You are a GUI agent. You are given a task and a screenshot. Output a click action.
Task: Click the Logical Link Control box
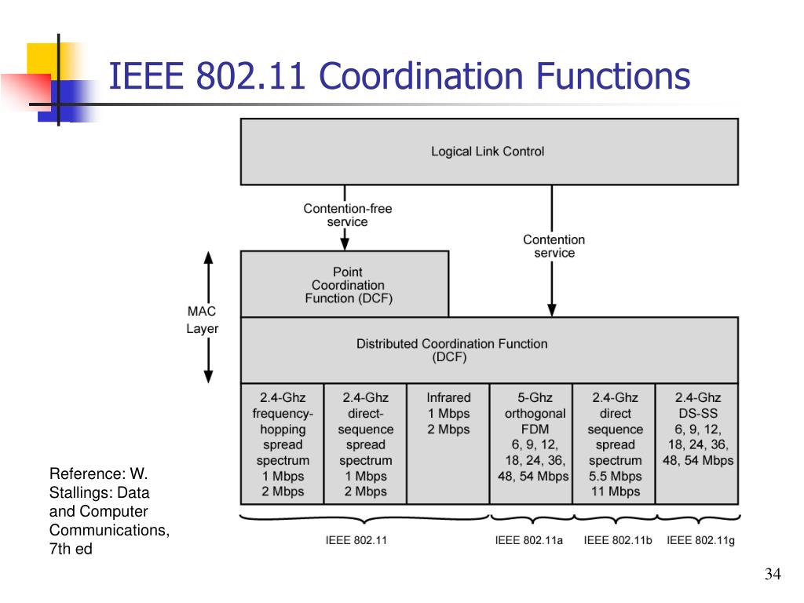tap(488, 152)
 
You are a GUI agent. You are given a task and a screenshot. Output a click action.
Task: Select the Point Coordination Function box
tap(345, 285)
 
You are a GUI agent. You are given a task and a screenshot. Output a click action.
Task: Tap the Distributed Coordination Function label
tap(451, 350)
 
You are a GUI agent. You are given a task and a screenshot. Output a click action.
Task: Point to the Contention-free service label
tap(348, 215)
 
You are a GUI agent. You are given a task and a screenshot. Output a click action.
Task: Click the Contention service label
tap(554, 246)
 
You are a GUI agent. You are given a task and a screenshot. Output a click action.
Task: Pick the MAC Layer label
tap(202, 320)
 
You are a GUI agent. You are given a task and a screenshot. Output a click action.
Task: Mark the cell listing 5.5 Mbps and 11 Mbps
tap(615, 444)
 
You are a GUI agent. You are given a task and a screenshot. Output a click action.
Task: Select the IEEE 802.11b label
tap(613, 540)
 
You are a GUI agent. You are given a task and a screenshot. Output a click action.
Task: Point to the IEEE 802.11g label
tap(700, 540)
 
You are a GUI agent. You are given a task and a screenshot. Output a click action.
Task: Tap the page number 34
tap(773, 576)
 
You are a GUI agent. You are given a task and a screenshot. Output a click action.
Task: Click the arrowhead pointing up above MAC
tap(209, 258)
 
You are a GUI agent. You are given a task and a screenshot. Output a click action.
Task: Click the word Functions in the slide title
tap(613, 78)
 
